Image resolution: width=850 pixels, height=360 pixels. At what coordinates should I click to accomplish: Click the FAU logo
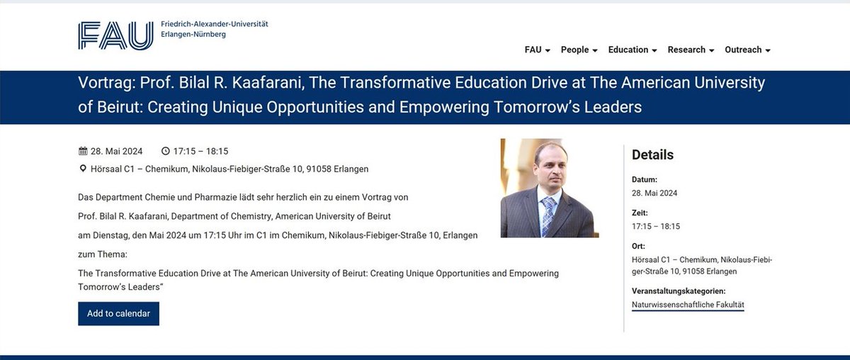pyautogui.click(x=115, y=35)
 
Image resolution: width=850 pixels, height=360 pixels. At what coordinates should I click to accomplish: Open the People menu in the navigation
pyautogui.click(x=579, y=50)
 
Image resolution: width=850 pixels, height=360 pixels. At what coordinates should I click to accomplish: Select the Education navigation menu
pyautogui.click(x=632, y=50)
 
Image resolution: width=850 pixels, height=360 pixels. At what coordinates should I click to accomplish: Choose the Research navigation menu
pyautogui.click(x=691, y=50)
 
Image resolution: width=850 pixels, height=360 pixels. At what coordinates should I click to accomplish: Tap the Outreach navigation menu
pyautogui.click(x=747, y=50)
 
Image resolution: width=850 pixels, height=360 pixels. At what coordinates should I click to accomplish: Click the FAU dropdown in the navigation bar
pyautogui.click(x=537, y=50)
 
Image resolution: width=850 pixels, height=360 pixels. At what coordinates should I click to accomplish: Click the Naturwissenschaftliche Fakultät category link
pyautogui.click(x=688, y=305)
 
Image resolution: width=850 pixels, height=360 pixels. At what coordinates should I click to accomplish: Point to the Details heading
pyautogui.click(x=652, y=154)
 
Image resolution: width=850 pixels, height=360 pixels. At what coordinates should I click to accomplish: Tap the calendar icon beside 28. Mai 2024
pyautogui.click(x=82, y=151)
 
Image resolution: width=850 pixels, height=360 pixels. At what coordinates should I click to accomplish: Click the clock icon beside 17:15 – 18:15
pyautogui.click(x=166, y=151)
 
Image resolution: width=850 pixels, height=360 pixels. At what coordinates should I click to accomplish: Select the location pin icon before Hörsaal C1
pyautogui.click(x=82, y=169)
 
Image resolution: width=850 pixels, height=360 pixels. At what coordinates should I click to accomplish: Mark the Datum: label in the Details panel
pyautogui.click(x=645, y=179)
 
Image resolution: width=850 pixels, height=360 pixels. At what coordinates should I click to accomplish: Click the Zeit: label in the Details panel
pyautogui.click(x=640, y=213)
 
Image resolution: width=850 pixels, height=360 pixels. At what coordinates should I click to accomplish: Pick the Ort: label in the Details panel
pyautogui.click(x=637, y=246)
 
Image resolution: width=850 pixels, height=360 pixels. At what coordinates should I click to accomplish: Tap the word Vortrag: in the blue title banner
pyautogui.click(x=106, y=83)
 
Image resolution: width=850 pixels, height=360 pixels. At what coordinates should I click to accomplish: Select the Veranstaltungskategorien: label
pyautogui.click(x=679, y=291)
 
